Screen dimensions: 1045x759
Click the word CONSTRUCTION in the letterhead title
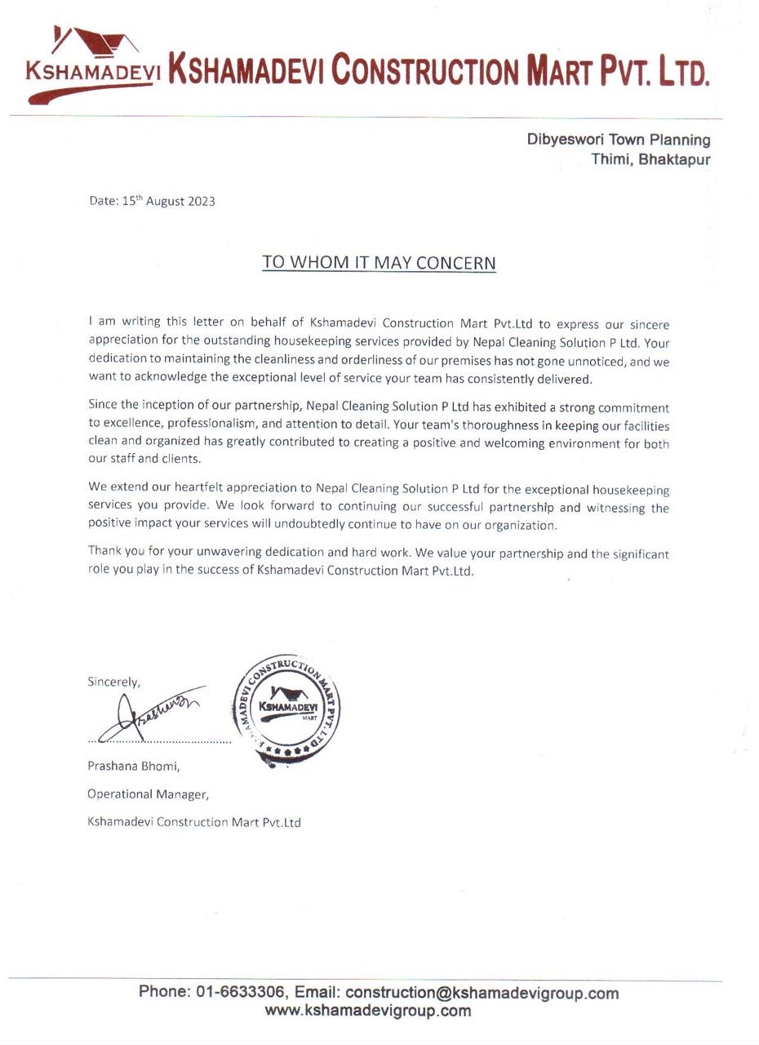click(424, 70)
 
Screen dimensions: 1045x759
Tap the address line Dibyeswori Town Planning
click(618, 140)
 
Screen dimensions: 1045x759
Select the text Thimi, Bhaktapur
click(650, 159)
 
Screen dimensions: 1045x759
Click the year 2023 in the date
click(201, 202)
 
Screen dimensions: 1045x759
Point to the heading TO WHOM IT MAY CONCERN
click(379, 263)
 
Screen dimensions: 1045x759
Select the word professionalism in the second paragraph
click(215, 425)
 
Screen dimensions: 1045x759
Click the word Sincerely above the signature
click(113, 682)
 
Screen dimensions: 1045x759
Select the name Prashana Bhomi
click(133, 766)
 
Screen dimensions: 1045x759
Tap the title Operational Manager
click(148, 794)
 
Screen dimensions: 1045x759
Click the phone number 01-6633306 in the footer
click(240, 992)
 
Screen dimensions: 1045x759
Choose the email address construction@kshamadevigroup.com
click(482, 994)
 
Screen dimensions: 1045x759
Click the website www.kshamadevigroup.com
click(367, 1012)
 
